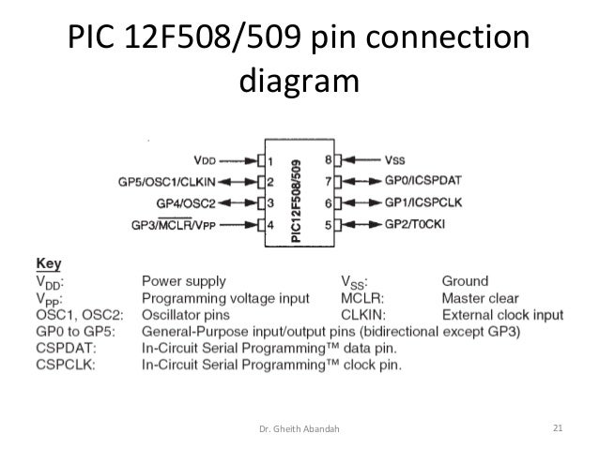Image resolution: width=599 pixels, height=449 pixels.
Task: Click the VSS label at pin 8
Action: coord(395,160)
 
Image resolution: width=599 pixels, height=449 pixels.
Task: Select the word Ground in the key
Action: coord(465,280)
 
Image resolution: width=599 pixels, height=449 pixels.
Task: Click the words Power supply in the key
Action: coord(184,280)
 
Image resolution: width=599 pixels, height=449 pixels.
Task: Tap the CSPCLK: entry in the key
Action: coord(65,365)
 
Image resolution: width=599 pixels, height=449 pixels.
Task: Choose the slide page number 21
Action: coord(558,429)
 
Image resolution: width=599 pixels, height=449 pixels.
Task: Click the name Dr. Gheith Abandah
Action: coord(299,430)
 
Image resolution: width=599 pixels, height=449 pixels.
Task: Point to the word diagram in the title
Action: coord(299,82)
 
